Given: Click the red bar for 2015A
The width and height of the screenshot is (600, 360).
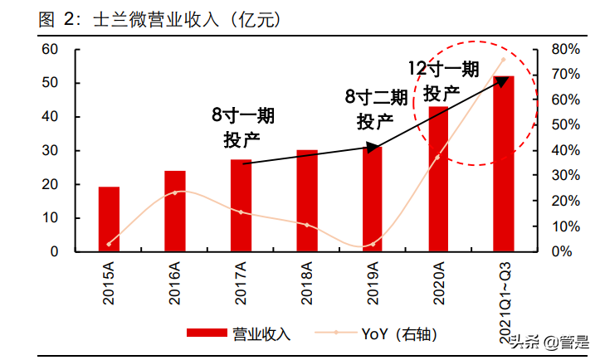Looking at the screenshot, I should pyautogui.click(x=109, y=219).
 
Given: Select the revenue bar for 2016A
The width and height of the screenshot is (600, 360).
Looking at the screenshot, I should pyautogui.click(x=175, y=211).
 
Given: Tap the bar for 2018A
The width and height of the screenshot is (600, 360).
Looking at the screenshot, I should pyautogui.click(x=307, y=201).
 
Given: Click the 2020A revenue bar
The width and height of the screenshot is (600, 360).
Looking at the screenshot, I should pyautogui.click(x=438, y=178).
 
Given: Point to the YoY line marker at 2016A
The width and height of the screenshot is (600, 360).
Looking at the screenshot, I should pyautogui.click(x=175, y=192).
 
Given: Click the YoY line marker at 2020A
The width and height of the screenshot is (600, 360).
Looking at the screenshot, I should pyautogui.click(x=437, y=157).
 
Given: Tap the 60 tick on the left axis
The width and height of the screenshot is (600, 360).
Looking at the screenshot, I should pyautogui.click(x=49, y=50).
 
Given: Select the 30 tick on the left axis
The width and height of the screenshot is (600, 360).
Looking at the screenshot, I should pyautogui.click(x=49, y=151).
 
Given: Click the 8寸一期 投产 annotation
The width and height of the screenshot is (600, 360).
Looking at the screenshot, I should pyautogui.click(x=242, y=128).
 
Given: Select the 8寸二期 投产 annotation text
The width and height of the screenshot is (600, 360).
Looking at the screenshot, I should pyautogui.click(x=376, y=110).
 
